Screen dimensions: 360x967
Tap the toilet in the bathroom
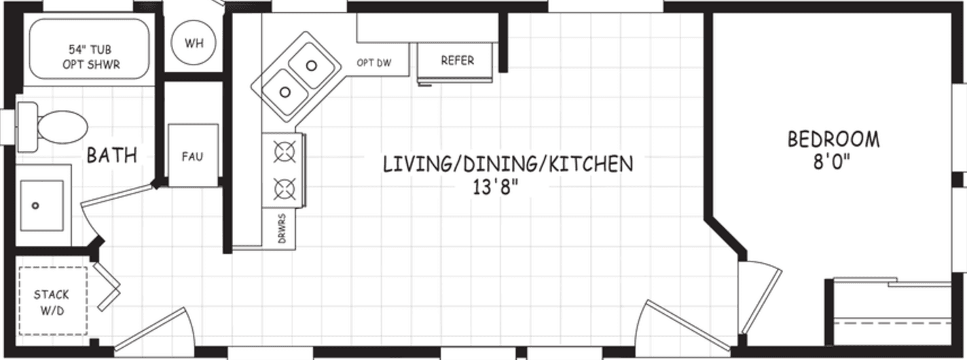[x=57, y=127]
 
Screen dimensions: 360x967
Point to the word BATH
[x=111, y=156]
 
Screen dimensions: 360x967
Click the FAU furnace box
[x=192, y=156]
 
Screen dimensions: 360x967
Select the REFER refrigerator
[x=457, y=60]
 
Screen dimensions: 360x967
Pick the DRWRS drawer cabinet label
[x=281, y=229]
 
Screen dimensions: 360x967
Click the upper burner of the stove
[x=283, y=152]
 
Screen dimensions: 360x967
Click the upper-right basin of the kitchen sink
[x=312, y=65]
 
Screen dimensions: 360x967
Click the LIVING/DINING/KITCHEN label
[x=508, y=164]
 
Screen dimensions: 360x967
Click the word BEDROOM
[x=833, y=139]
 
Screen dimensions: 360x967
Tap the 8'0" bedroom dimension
[x=833, y=165]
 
